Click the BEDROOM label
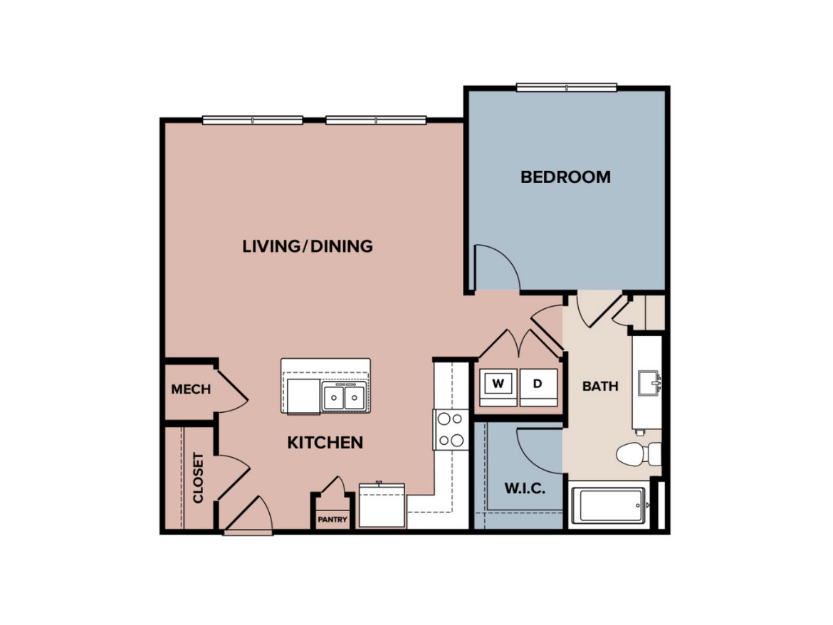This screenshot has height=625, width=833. coord(565,177)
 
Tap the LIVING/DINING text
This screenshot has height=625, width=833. coord(308,246)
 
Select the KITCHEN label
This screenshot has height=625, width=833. coord(325,442)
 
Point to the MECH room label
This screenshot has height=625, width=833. coord(191,389)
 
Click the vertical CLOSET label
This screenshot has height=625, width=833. coord(198,478)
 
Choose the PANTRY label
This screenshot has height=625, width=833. coord(332,520)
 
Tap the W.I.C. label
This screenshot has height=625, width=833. coord(524,488)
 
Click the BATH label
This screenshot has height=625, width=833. coord(600,386)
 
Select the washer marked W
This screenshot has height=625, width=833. coord(498,387)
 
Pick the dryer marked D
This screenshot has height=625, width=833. coord(538,387)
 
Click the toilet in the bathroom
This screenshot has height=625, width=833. coord(639,454)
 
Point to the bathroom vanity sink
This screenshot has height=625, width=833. coord(649,383)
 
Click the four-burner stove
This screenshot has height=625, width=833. coord(451,429)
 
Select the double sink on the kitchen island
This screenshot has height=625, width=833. coord(344,397)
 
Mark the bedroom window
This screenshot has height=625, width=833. coord(566,87)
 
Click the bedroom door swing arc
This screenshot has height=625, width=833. coord(505,261)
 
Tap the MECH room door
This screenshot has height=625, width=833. coord(233,392)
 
